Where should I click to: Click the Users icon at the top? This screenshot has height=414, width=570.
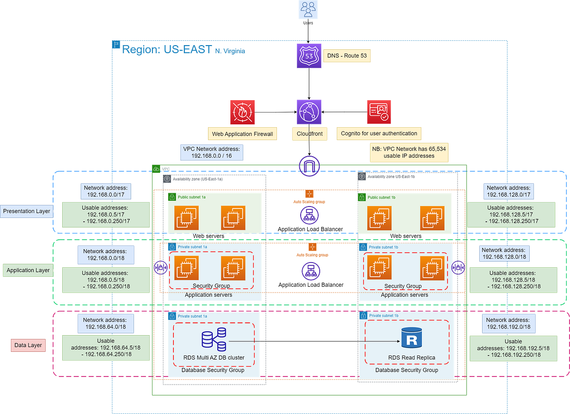(308, 9)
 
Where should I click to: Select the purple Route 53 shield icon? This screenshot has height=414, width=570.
(309, 56)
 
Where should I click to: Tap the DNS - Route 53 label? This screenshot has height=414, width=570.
(347, 56)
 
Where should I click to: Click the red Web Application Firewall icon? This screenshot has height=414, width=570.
(242, 112)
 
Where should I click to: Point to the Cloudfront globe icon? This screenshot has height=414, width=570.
(309, 112)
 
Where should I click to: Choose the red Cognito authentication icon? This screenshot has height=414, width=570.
(379, 112)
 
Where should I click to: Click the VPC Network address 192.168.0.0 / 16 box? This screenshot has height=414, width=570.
(212, 152)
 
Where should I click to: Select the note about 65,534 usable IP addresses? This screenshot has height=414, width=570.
(409, 152)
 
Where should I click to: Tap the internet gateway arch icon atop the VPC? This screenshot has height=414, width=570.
(309, 166)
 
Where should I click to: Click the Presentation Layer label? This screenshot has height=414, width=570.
(27, 211)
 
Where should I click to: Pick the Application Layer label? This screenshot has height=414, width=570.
(28, 270)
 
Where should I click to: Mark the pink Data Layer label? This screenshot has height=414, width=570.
(28, 345)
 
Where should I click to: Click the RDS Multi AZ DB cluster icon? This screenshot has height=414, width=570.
(214, 339)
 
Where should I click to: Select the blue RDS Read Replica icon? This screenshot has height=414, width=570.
(411, 338)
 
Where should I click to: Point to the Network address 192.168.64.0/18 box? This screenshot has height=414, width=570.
(105, 323)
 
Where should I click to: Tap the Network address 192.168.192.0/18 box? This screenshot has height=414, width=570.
(509, 323)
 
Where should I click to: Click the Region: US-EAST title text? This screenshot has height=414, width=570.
(167, 49)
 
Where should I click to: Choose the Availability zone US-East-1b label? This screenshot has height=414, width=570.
(391, 177)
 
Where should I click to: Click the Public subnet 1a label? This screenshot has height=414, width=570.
(191, 197)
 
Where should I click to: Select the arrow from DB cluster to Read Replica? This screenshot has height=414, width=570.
(314, 341)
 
